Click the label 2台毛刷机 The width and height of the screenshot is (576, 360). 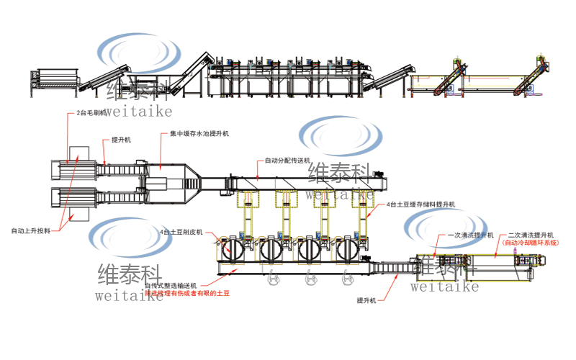pos(91,113)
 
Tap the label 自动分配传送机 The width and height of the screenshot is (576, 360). pos(287,160)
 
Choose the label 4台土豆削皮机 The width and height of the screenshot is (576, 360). pos(181,233)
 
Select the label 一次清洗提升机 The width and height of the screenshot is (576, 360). pos(470,235)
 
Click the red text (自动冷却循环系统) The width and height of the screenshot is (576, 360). pos(531,243)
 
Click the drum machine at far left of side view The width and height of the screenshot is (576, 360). pos(52,79)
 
